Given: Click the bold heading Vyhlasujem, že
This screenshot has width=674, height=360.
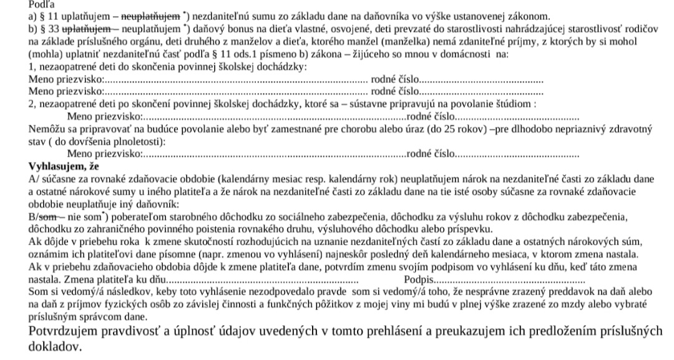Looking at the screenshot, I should [63, 166].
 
